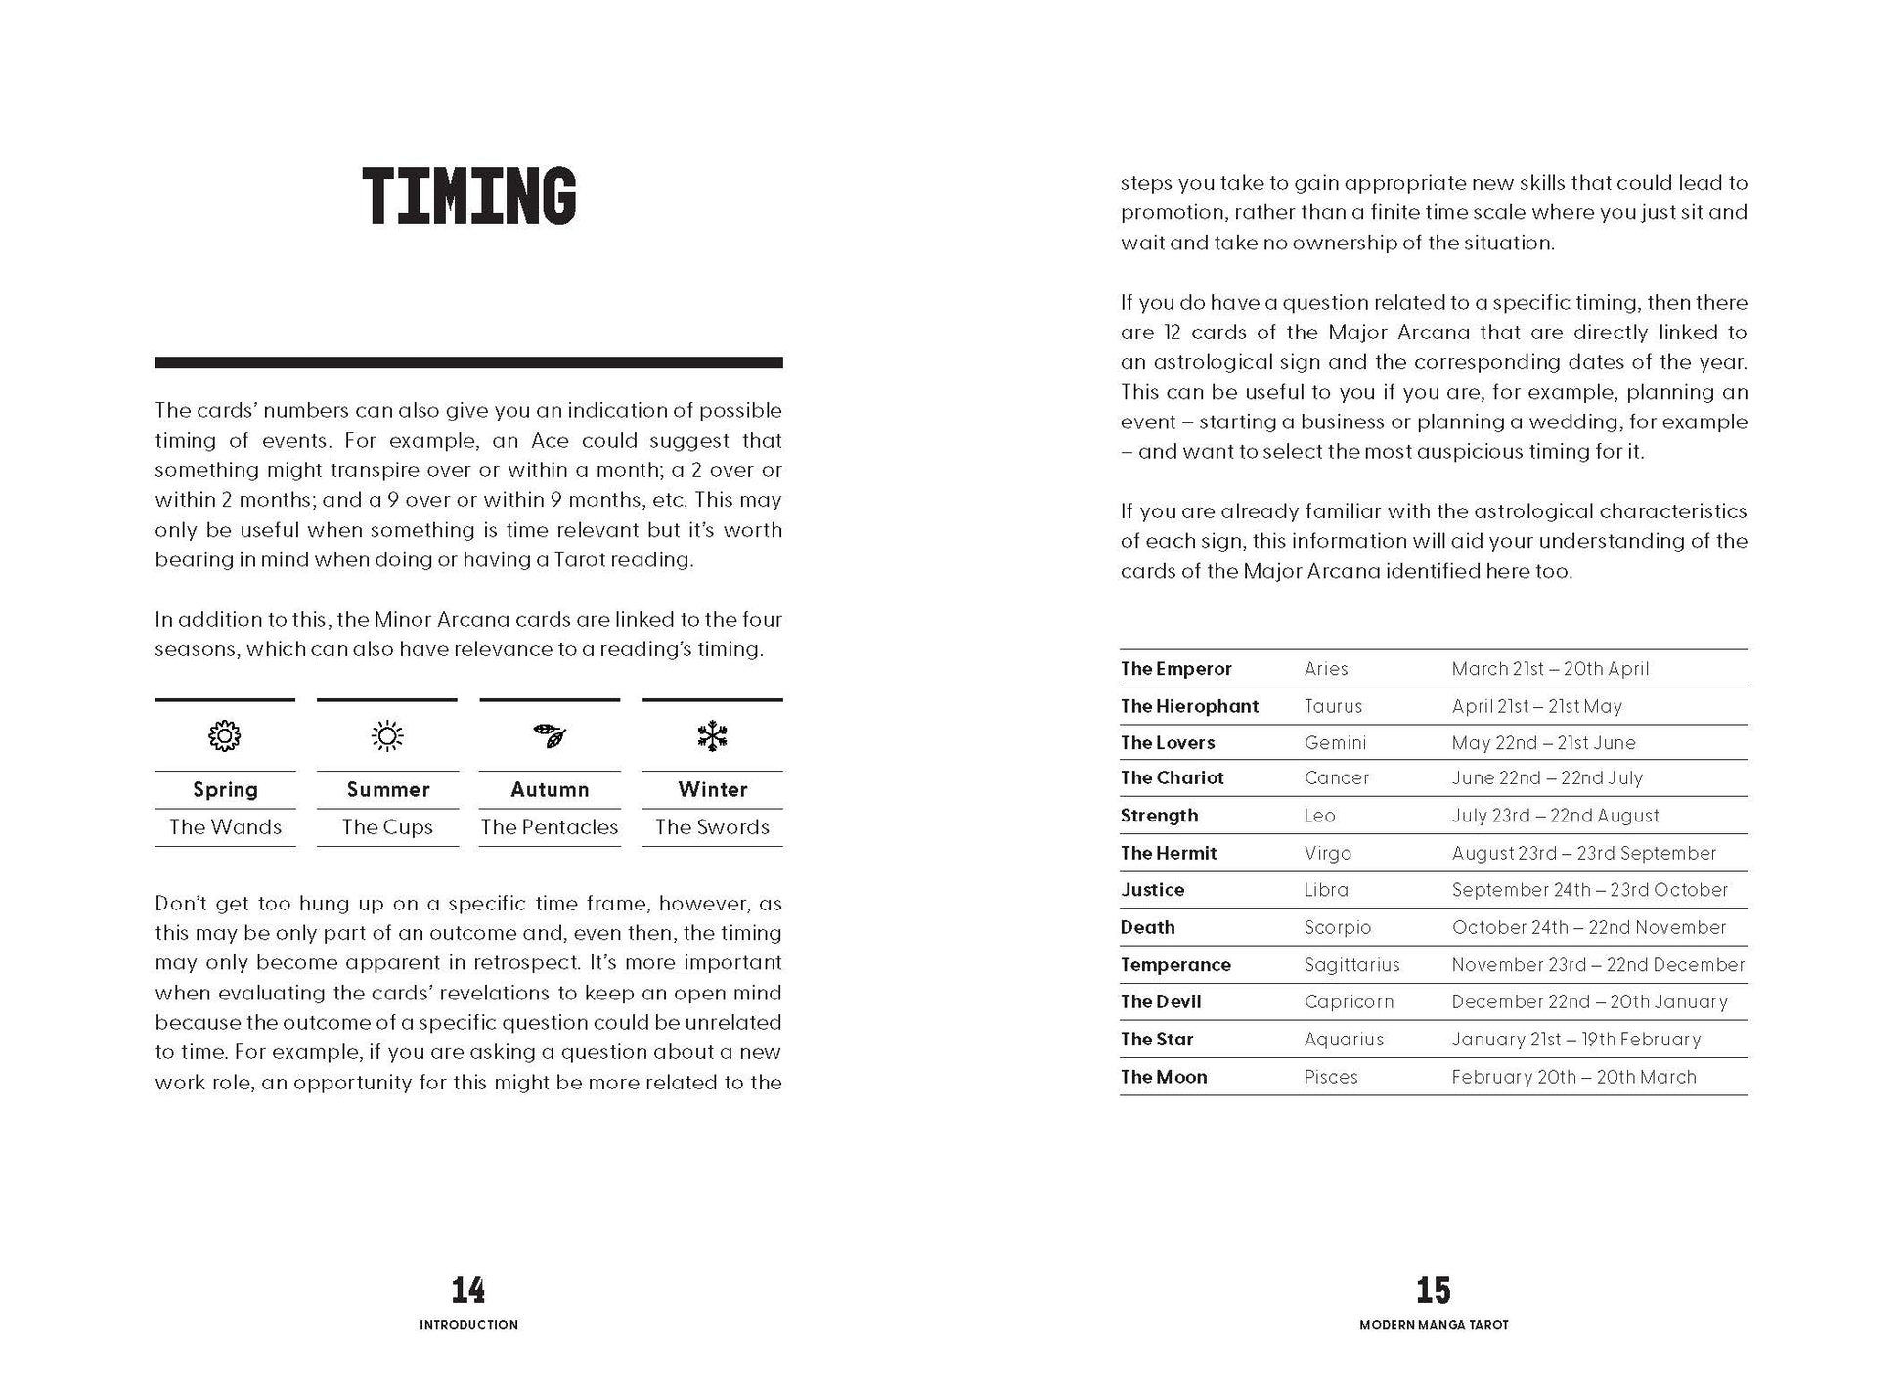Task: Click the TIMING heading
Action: click(x=469, y=197)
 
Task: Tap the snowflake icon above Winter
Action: click(x=712, y=735)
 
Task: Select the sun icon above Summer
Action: click(x=387, y=735)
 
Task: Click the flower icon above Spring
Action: click(x=225, y=735)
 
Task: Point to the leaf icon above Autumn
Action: click(x=550, y=735)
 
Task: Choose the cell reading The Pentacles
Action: click(x=550, y=826)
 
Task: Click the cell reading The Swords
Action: click(x=712, y=826)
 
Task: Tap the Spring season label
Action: click(x=225, y=789)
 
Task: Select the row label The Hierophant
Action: click(x=1189, y=706)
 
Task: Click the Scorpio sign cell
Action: click(x=1337, y=927)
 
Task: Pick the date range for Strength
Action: click(x=1555, y=816)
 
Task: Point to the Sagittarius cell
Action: click(x=1351, y=965)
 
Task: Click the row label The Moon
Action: click(x=1164, y=1077)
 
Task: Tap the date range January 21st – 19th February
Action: click(x=1575, y=1040)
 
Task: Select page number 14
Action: click(x=468, y=1290)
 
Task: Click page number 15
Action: click(x=1434, y=1290)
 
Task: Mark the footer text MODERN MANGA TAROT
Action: click(x=1434, y=1325)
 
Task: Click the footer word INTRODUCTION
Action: click(x=468, y=1325)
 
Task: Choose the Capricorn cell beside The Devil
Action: click(x=1349, y=1002)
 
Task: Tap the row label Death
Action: click(x=1147, y=927)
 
